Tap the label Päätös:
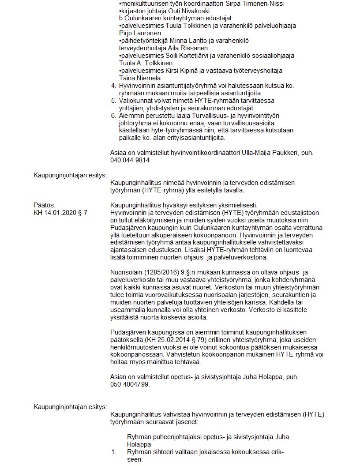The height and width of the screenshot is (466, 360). click(45, 205)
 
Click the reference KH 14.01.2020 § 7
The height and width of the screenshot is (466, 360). click(60, 213)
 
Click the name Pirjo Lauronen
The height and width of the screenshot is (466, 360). click(140, 33)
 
